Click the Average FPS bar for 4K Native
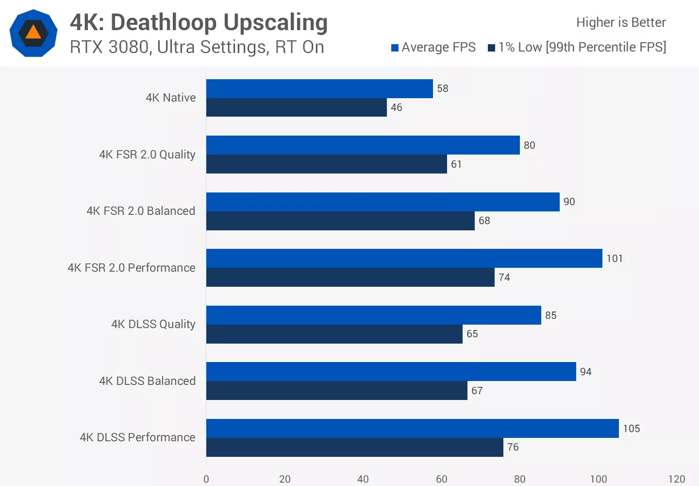pos(319,88)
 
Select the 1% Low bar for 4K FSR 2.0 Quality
pos(326,164)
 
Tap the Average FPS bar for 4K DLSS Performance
pos(412,428)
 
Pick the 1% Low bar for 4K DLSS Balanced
pos(336,391)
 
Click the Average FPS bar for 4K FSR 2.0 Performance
pos(404,258)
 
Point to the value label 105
pos(632,429)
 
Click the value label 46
pos(397,107)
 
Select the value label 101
pos(615,259)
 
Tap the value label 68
pos(484,221)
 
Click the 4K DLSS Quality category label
pos(153,324)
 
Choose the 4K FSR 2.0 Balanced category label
pos(141,211)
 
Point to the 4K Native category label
pos(171,98)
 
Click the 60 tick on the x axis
pos(442,479)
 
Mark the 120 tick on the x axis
pos(677,479)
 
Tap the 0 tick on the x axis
pos(206,479)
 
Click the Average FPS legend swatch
pos(395,48)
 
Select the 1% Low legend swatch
pos(491,48)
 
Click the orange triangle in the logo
pos(33,33)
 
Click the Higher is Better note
pos(621,22)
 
